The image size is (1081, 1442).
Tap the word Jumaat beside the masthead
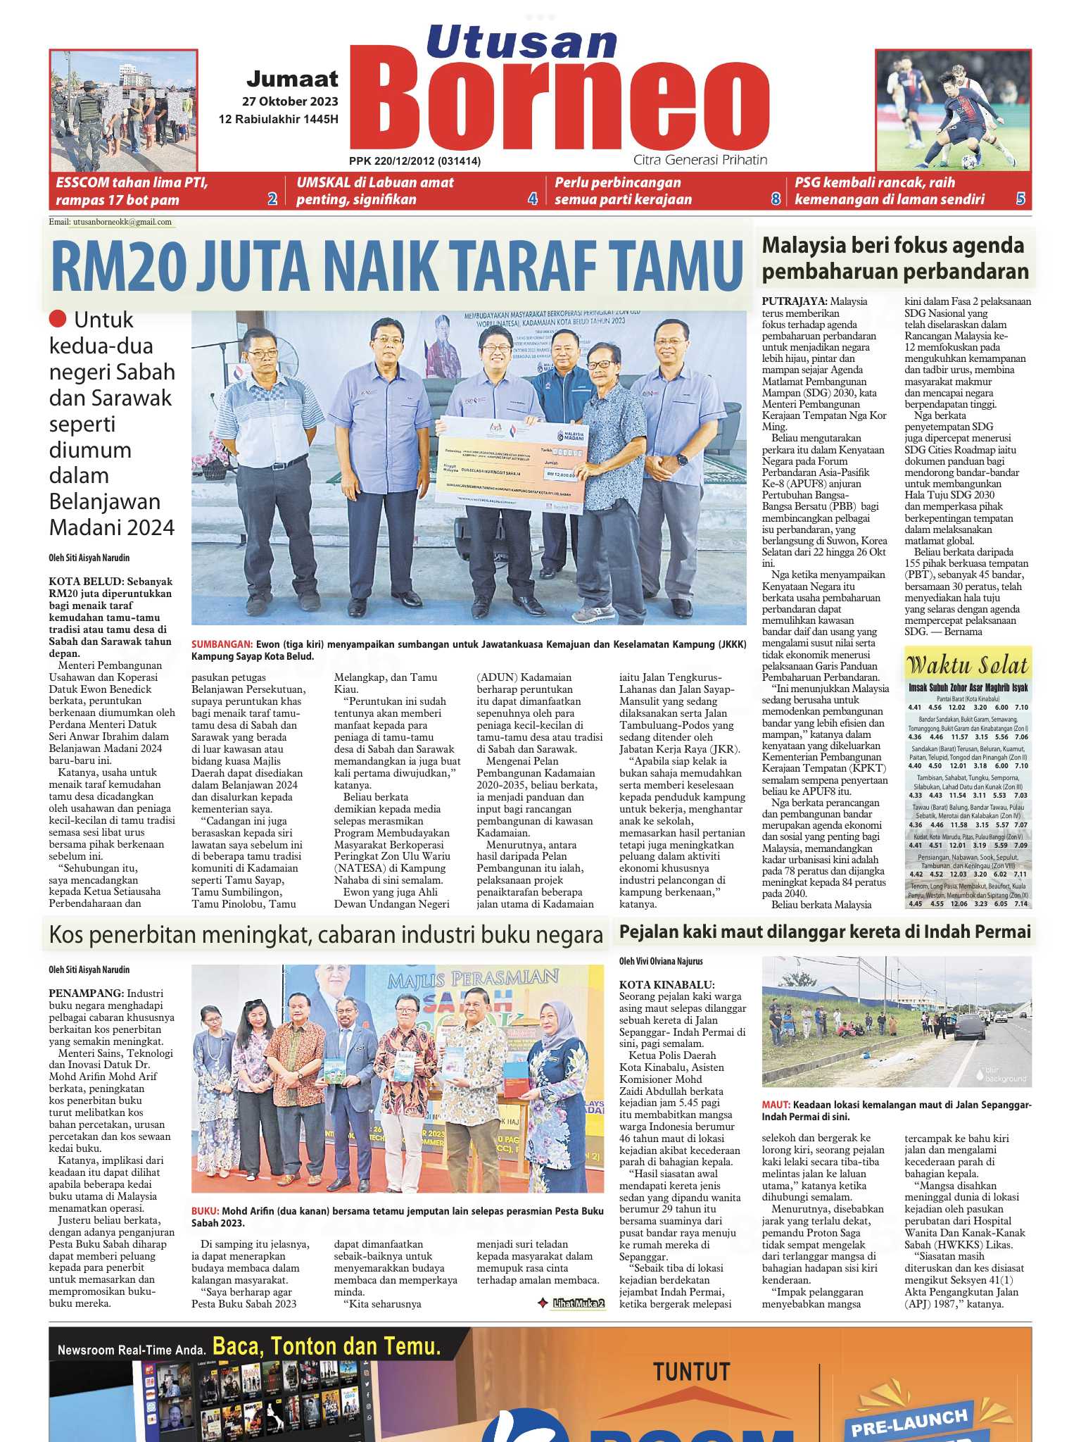[292, 79]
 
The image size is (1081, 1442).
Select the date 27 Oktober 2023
[290, 101]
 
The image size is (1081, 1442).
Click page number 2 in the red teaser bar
[272, 199]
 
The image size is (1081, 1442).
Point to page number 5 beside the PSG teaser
[1020, 199]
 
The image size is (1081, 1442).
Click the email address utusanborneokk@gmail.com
[122, 222]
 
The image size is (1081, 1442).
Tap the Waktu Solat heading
[968, 665]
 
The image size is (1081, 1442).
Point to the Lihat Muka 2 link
[578, 1303]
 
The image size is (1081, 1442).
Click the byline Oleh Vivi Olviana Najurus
[661, 961]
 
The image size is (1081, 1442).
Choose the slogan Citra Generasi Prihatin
[700, 160]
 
